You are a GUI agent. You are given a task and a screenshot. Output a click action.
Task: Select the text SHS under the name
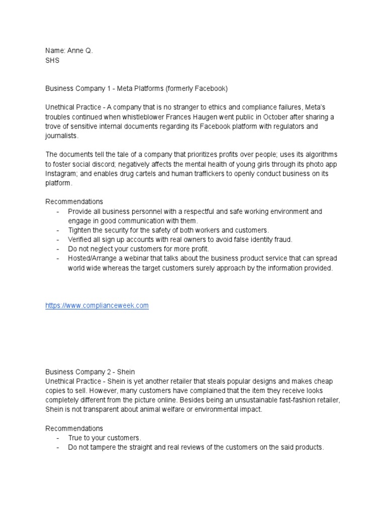[52, 60]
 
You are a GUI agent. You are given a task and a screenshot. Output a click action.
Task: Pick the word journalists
[62, 136]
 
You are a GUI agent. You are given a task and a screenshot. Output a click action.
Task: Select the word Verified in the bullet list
[81, 239]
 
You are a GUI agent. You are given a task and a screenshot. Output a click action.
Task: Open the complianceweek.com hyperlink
[97, 306]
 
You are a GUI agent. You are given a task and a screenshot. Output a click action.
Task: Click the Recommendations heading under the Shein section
[74, 428]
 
